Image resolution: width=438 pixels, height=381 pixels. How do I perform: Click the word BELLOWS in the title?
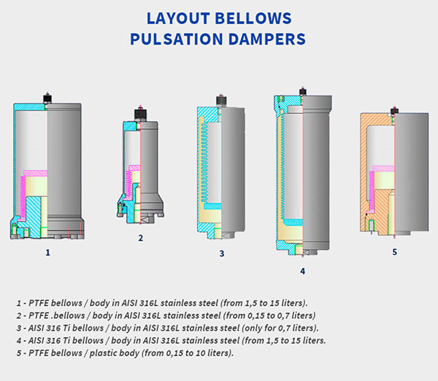pos(253,18)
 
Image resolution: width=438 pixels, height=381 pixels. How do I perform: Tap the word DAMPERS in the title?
pos(267,39)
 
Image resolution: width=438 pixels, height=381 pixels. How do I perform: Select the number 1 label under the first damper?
pos(47,253)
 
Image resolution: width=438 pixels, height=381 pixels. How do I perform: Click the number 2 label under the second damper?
pos(140,238)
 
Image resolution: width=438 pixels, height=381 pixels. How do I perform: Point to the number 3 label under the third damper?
pos(221,253)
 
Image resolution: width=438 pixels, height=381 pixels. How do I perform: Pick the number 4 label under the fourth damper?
pos(302,271)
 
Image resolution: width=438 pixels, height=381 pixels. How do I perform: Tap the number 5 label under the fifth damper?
pos(394,252)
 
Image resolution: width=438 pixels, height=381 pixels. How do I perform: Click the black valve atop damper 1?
pos(47,99)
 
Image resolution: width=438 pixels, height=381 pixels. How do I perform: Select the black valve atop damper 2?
pos(140,114)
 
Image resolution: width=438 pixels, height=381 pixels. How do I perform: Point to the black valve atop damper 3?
pos(221,101)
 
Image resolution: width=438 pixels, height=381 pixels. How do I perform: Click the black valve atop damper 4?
pos(303,92)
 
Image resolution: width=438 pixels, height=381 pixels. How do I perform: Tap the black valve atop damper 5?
pos(394,111)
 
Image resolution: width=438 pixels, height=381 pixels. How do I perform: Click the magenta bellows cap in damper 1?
pos(36,173)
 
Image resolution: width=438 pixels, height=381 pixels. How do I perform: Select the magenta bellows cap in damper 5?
pos(383,169)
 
